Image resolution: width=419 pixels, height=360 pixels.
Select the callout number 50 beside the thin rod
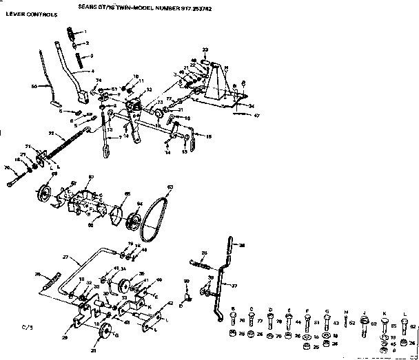coord(34,86)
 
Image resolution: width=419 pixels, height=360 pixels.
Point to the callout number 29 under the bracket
coord(65,338)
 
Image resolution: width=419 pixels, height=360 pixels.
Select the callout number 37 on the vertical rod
coord(233,286)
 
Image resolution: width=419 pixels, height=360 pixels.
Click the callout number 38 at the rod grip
coord(241,244)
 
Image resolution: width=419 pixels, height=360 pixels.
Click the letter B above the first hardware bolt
coord(232,309)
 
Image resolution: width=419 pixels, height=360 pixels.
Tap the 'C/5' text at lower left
coord(26,327)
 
